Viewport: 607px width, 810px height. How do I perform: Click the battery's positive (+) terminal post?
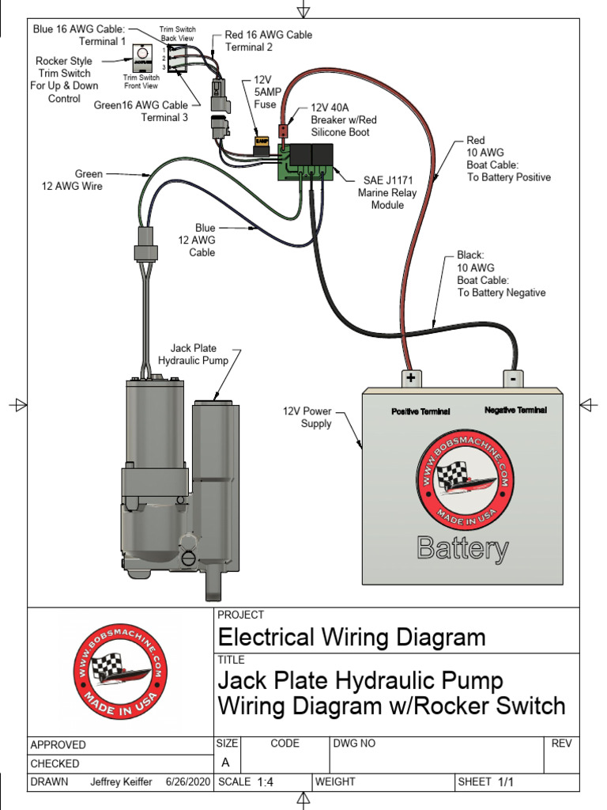pyautogui.click(x=410, y=378)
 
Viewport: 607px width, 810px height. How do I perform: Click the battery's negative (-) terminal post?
pyautogui.click(x=513, y=378)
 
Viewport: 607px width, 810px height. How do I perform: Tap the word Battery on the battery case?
pyautogui.click(x=462, y=548)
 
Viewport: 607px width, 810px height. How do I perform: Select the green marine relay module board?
pyautogui.click(x=304, y=162)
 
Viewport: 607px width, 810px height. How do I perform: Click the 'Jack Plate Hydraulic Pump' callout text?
pyautogui.click(x=194, y=354)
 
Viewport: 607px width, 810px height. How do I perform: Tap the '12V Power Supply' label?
pyautogui.click(x=307, y=418)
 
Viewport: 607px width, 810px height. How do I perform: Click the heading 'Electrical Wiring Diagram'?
pyautogui.click(x=352, y=637)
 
